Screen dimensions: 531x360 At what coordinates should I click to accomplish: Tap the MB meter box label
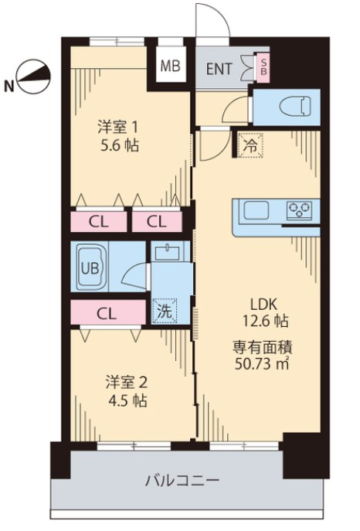[x=170, y=66]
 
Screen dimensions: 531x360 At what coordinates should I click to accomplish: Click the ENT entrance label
[x=219, y=67]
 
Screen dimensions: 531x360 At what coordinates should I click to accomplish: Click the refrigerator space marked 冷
[x=250, y=145]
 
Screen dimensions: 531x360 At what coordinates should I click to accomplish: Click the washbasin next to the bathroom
[x=165, y=253]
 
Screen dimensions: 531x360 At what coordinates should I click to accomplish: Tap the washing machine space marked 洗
[x=165, y=311]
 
